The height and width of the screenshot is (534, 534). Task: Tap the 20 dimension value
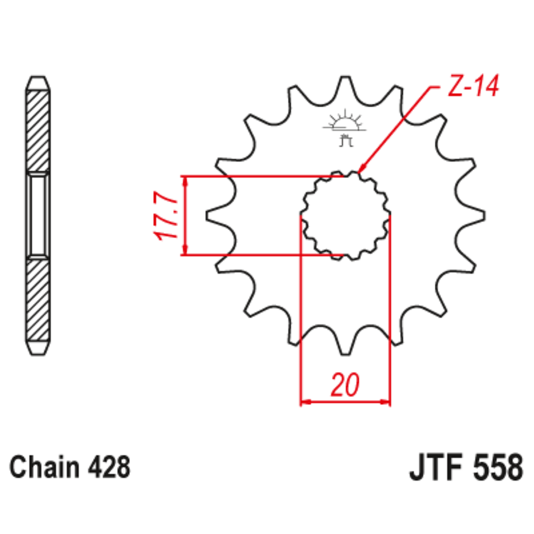pyautogui.click(x=345, y=385)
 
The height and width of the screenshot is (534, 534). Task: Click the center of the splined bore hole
pyautogui.click(x=345, y=215)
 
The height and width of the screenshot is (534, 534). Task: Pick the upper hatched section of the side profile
pyautogui.click(x=37, y=130)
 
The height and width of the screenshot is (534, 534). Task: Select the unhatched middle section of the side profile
pyautogui.click(x=37, y=215)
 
